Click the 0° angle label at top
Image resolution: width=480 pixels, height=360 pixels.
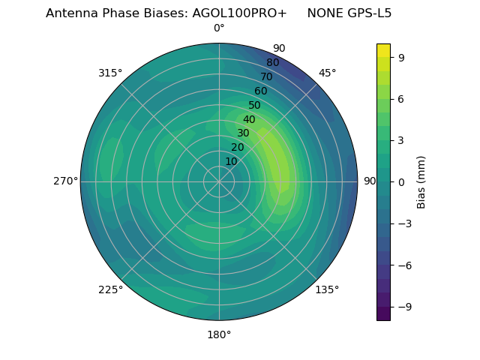coord(219,28)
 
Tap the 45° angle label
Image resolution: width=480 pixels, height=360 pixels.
coord(328,73)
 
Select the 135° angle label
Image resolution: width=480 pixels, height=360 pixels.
coord(328,290)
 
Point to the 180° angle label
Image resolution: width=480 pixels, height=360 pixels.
coord(219,334)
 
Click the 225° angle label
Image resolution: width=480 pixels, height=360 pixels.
coord(110,290)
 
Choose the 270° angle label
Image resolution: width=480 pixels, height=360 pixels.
coord(65,181)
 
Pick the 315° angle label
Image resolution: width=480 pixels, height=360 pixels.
coord(110,73)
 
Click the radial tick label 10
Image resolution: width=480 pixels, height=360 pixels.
coord(231,161)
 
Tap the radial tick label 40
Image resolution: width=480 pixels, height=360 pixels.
coord(249,120)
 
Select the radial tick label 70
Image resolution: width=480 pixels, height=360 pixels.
coord(267,77)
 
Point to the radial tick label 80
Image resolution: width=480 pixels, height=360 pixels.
coord(273,63)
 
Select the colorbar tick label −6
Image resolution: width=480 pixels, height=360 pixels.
coord(403,265)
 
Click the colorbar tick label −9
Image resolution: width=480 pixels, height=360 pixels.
coord(403,307)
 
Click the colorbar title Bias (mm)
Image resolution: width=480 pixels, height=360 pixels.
coord(421,181)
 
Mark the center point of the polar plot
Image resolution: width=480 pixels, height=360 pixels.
coord(219,181)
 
